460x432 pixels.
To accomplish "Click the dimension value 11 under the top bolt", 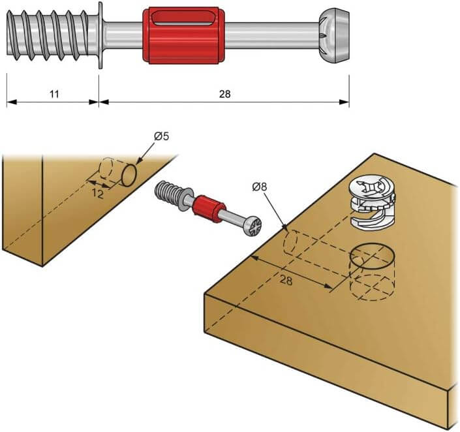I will coord(54,94).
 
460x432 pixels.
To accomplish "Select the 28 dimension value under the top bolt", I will coord(225,94).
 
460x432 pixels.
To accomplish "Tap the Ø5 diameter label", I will coord(162,136).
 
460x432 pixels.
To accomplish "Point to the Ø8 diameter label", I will coord(259,187).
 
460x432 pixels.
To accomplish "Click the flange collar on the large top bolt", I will coord(100,35).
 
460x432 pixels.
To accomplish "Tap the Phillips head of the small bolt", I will coord(251,230).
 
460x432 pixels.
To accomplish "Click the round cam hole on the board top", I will coord(373,256).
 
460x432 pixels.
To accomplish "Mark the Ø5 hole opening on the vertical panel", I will coord(130,174).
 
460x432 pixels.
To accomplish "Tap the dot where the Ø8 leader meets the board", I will coord(286,227).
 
